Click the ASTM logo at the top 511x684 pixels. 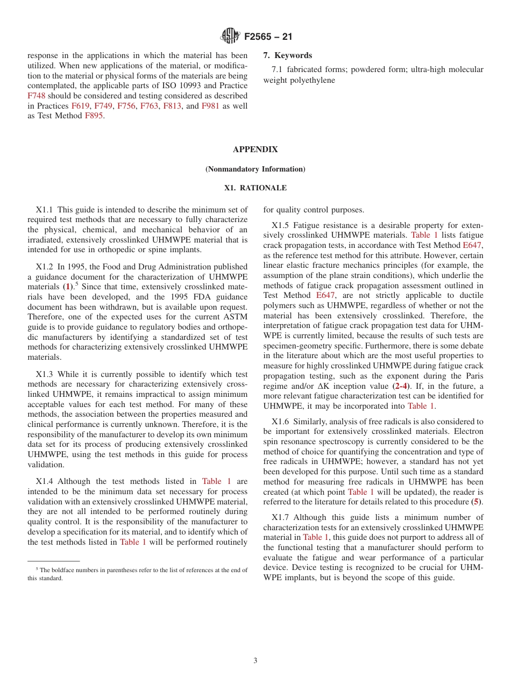(x=230, y=37)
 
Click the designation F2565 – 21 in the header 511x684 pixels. (x=268, y=37)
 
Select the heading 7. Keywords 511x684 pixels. (x=287, y=55)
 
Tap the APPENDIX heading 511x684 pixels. (x=255, y=149)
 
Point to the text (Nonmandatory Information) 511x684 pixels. (x=255, y=169)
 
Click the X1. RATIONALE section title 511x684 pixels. (x=255, y=188)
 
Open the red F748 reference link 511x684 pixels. (x=37, y=96)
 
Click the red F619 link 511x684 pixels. (x=80, y=106)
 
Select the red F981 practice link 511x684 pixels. (x=210, y=106)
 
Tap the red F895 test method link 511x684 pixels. (x=94, y=116)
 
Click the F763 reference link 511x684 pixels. (x=149, y=106)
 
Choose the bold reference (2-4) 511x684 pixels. (x=400, y=386)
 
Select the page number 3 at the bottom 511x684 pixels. (x=256, y=661)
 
